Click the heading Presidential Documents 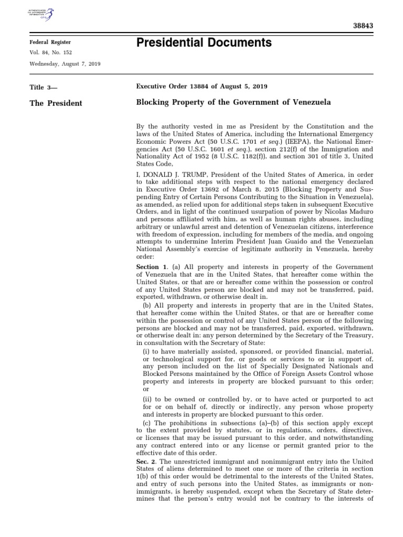[x=204, y=42]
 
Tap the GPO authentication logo [x=44, y=13]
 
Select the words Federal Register [x=50, y=42]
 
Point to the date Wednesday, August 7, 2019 [x=66, y=64]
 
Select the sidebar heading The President [x=56, y=103]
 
